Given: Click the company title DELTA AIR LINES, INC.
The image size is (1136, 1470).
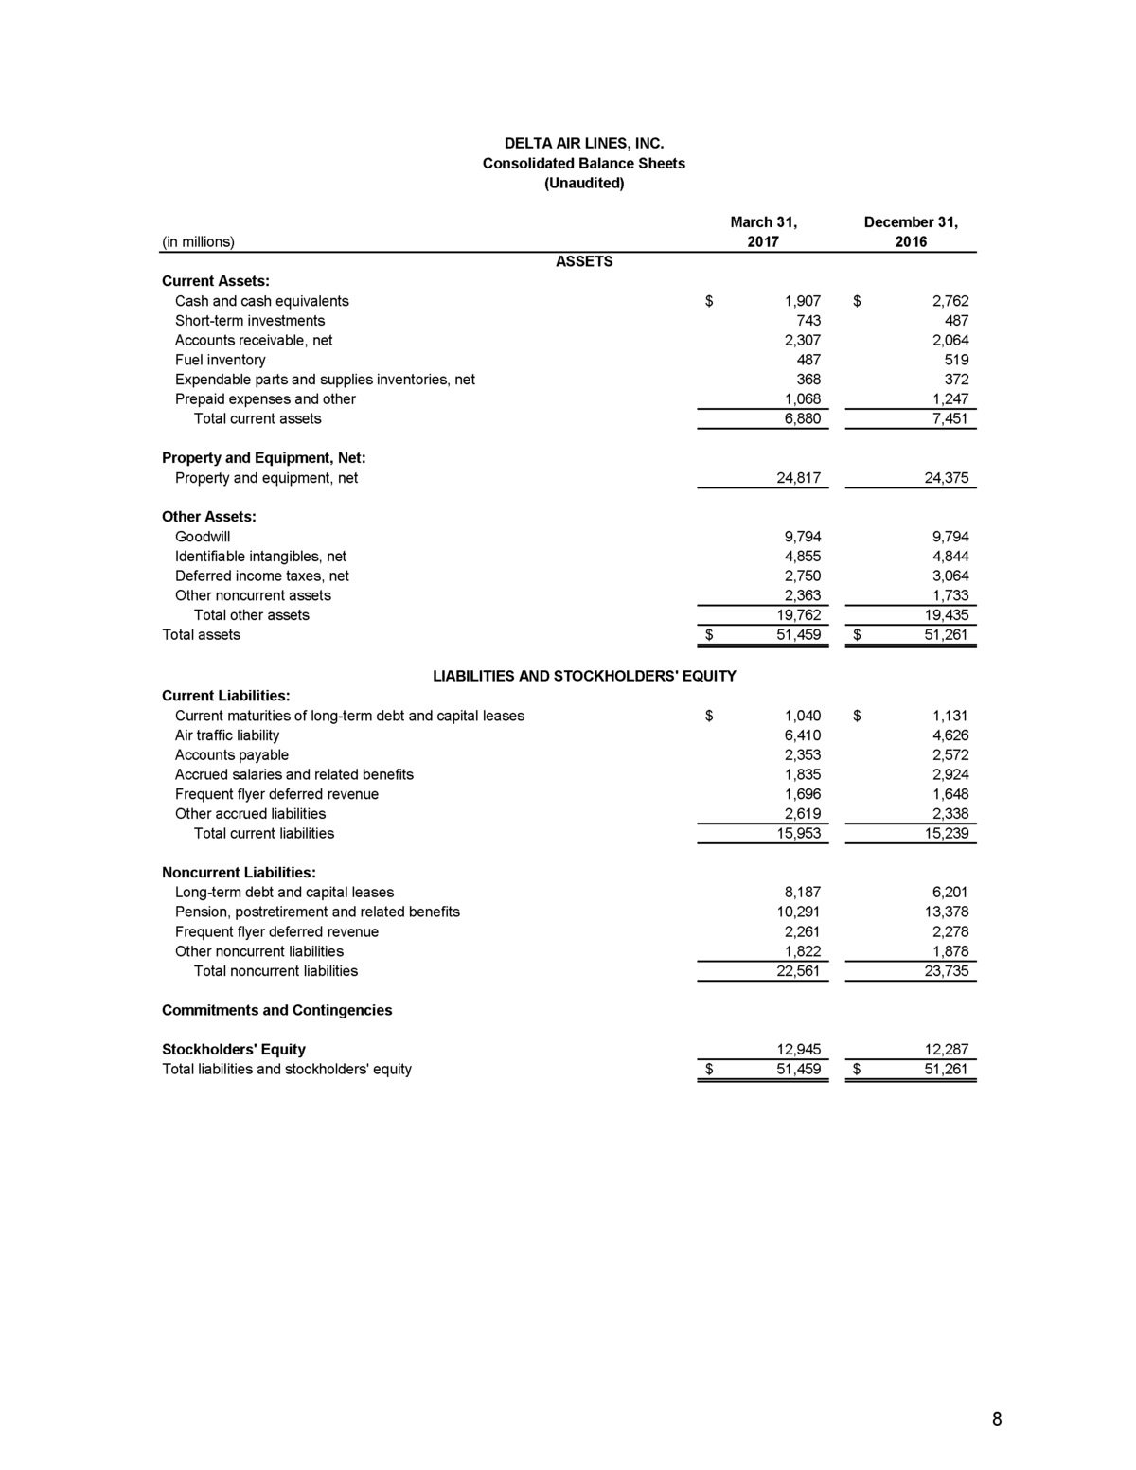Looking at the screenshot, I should [583, 144].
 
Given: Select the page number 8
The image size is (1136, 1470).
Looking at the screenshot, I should [997, 1418].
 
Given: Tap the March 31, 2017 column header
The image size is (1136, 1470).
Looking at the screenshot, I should [763, 232].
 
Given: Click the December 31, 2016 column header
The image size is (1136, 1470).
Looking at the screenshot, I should [911, 232].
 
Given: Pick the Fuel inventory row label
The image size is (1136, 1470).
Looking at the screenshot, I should [220, 360].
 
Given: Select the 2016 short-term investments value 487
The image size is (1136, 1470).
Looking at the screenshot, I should [956, 321].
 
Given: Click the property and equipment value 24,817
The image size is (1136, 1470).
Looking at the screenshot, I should [798, 478].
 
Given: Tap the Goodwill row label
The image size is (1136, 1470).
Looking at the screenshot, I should [202, 537].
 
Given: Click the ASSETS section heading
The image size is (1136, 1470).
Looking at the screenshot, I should [583, 261].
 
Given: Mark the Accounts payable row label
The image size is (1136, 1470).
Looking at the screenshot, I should [231, 755].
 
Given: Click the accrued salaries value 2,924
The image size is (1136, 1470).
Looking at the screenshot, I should [950, 774].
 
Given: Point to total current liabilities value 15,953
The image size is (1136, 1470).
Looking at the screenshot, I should [798, 833].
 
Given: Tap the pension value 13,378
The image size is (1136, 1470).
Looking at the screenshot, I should [946, 912].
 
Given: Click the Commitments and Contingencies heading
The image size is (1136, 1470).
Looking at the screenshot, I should [276, 1010].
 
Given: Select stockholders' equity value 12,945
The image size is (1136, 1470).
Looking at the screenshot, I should [798, 1050].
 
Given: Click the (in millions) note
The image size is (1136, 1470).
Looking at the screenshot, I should [198, 241].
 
